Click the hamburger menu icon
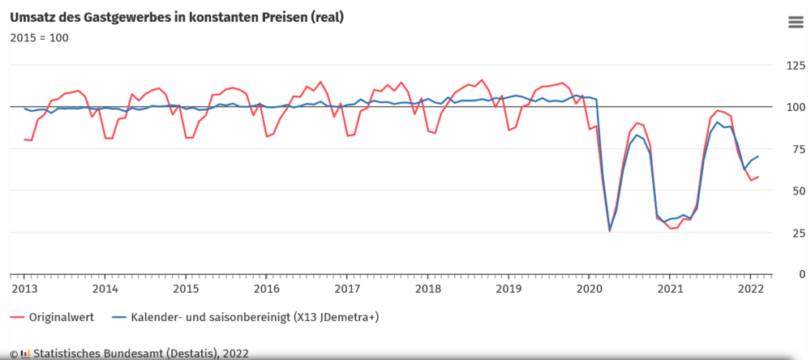coord(796,22)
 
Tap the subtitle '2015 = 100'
coord(39,37)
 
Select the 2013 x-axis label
coord(24,289)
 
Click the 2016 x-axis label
coord(266,289)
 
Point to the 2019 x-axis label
coord(508,289)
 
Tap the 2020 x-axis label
coord(589,289)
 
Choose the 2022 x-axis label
coord(749,289)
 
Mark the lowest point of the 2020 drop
coord(610,231)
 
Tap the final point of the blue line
coord(758,156)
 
